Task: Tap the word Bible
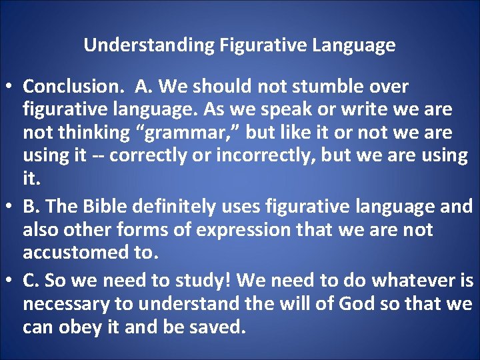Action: coord(105,207)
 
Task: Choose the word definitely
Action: coord(174,207)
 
